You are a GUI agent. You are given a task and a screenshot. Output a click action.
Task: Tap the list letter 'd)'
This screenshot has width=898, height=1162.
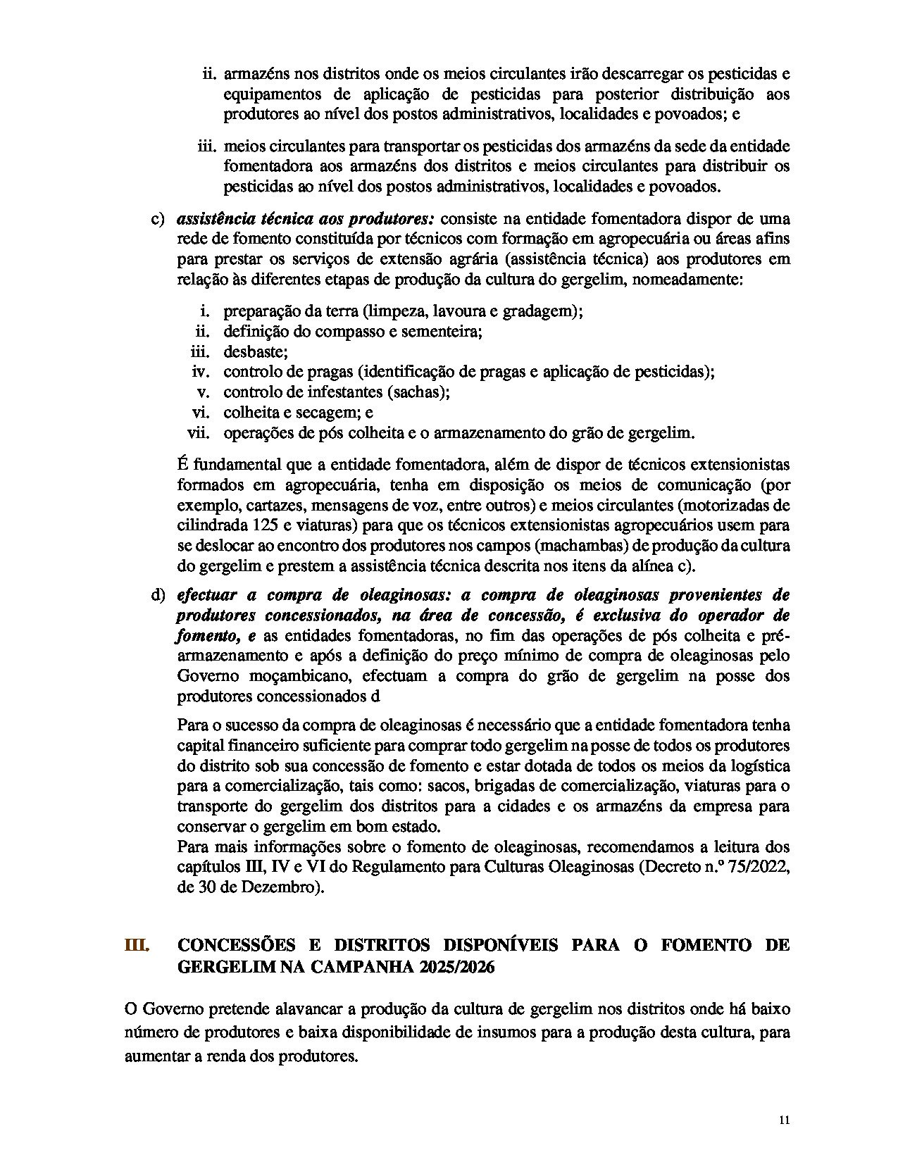[x=158, y=594]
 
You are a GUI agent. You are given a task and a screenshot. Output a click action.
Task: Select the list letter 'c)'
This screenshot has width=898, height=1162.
[x=158, y=218]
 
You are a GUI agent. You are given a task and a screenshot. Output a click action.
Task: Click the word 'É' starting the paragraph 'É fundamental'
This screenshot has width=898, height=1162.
[x=182, y=465]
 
